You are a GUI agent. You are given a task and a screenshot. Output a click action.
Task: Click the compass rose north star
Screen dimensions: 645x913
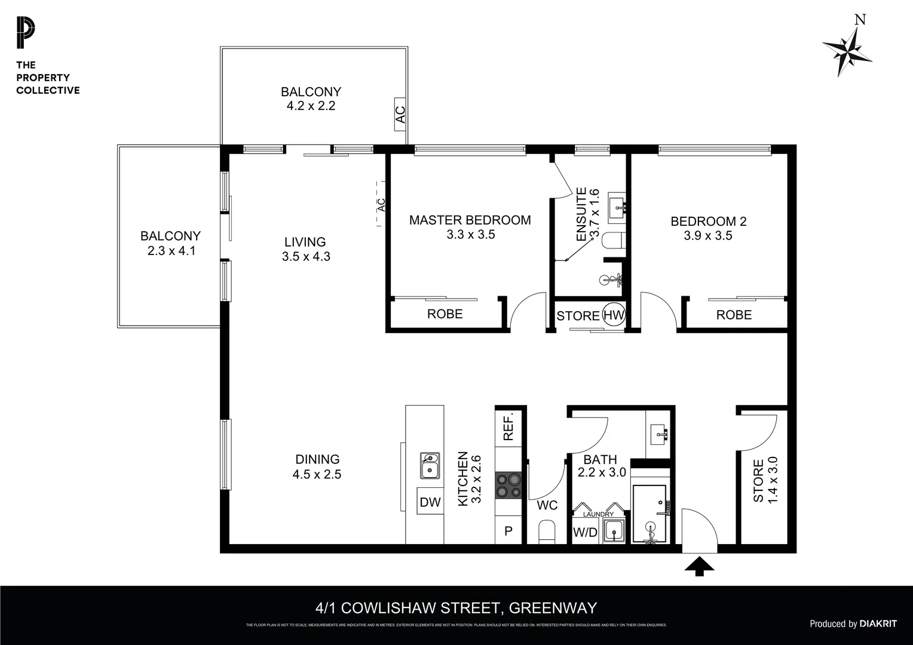coord(847,51)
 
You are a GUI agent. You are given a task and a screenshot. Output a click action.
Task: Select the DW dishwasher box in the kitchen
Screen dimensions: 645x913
coord(430,502)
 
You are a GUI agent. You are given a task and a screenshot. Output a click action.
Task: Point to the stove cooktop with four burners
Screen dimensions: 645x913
coord(509,485)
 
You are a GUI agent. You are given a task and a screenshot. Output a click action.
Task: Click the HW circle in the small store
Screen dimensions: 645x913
coord(614,315)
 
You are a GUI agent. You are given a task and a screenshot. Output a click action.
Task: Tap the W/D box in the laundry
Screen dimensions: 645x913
coord(585,532)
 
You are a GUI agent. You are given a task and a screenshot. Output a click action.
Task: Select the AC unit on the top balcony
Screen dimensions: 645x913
coord(400,113)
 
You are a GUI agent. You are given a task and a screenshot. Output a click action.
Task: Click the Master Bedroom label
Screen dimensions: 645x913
coord(470,220)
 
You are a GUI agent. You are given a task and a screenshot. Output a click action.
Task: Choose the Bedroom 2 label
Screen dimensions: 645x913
coord(708,222)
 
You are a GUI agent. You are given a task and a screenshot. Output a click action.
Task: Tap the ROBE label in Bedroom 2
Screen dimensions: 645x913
coord(734,315)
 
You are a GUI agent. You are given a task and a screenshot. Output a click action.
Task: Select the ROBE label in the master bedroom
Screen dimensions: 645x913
coord(445,314)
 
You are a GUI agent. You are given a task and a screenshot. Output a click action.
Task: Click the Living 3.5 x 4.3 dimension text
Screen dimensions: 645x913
coord(306,257)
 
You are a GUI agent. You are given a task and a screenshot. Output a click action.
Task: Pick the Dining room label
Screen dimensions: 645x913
coord(317,459)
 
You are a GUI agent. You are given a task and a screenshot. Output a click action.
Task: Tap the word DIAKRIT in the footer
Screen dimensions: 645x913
coord(878,623)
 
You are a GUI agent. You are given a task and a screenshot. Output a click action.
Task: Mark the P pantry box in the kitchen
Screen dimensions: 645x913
coord(508,531)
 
